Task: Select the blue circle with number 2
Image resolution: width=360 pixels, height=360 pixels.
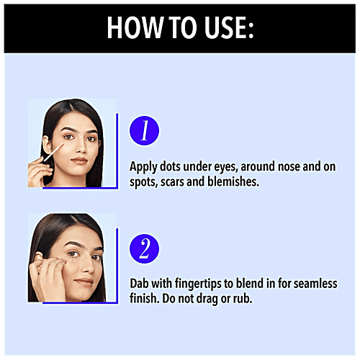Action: (143, 249)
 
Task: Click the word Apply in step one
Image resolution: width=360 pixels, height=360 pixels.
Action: (144, 167)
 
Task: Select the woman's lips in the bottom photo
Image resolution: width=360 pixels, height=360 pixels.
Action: (82, 282)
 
